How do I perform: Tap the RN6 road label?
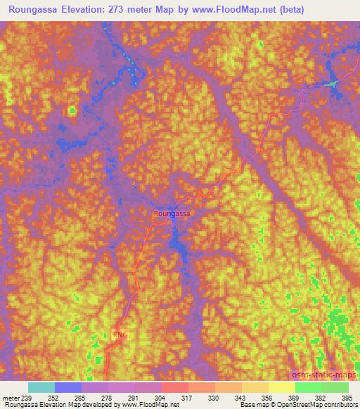(121, 335)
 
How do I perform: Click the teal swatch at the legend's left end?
(41, 387)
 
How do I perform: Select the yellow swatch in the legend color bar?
(281, 387)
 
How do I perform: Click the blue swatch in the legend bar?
(68, 387)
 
